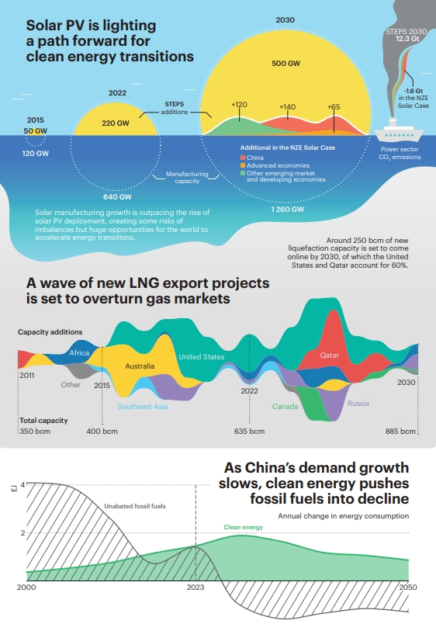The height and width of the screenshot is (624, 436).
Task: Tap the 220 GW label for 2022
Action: click(x=116, y=123)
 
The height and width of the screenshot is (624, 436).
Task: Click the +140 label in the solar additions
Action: click(x=287, y=106)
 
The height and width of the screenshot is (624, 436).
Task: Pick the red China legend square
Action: click(x=243, y=158)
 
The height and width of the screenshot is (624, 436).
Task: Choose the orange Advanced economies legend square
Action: click(x=243, y=165)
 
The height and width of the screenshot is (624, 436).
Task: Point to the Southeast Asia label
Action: click(x=143, y=406)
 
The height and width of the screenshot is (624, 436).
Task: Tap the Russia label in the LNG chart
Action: click(x=358, y=403)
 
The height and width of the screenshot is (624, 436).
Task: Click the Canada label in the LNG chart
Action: click(x=285, y=406)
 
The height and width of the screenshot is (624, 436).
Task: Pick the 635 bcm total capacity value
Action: click(x=250, y=431)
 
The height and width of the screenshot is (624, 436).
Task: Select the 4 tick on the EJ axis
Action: click(x=22, y=485)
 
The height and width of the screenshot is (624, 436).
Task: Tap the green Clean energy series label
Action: click(x=244, y=527)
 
